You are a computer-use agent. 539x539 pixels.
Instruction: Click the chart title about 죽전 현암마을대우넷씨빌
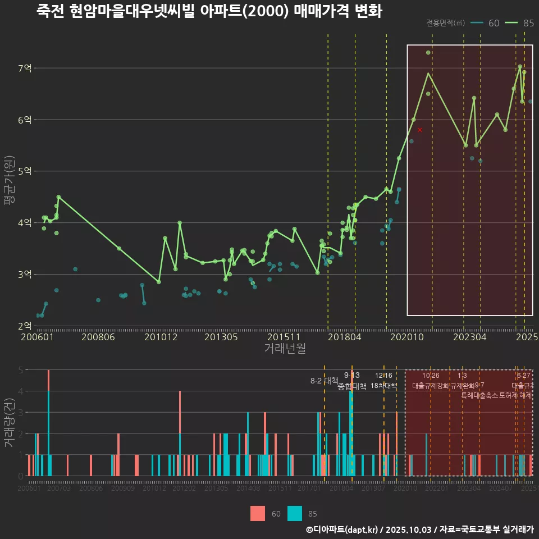tap(209, 11)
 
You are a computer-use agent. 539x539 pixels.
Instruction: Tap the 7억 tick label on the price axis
tap(25, 68)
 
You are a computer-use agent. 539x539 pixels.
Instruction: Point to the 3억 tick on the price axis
tap(25, 275)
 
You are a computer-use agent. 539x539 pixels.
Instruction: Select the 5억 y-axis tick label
tap(25, 171)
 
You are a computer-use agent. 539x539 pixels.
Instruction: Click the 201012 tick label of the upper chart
tap(161, 337)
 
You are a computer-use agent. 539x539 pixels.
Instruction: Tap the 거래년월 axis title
tap(285, 349)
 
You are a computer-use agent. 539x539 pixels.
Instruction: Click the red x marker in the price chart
tap(419, 130)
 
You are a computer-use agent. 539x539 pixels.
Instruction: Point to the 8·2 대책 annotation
tap(321, 381)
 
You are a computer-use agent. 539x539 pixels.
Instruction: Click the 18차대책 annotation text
tap(383, 386)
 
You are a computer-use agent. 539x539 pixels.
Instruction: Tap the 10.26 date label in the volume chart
tap(431, 376)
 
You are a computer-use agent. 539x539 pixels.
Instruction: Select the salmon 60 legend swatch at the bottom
tap(258, 513)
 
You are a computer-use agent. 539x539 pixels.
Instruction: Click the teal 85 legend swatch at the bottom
tap(294, 513)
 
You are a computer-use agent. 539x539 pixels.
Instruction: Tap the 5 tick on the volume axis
tap(20, 370)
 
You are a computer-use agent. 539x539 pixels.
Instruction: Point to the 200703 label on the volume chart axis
tap(60, 489)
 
